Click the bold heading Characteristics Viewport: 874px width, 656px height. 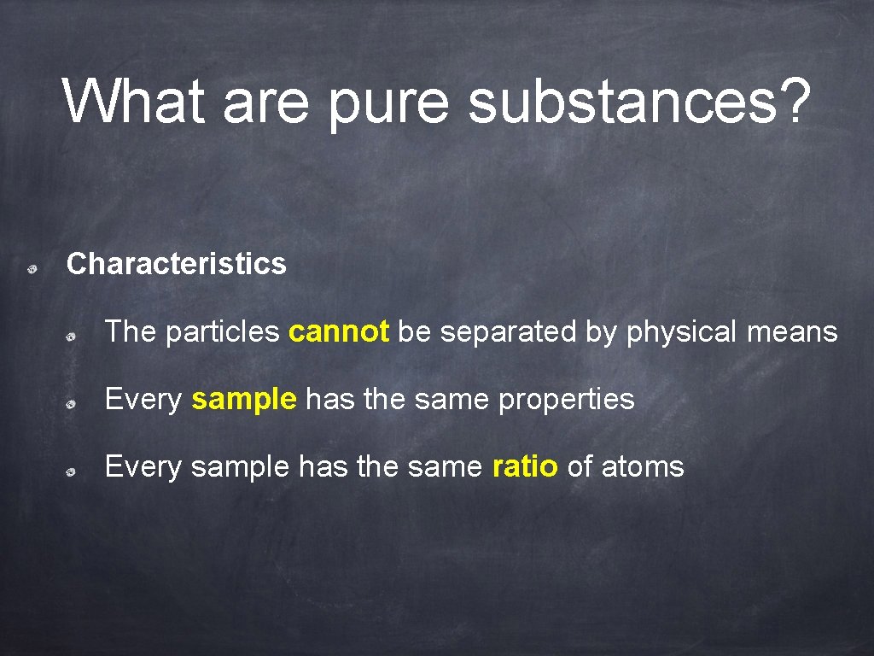click(x=177, y=264)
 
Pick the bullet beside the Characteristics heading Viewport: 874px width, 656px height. click(x=31, y=269)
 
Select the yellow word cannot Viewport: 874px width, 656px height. click(x=340, y=331)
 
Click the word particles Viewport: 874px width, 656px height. click(x=223, y=332)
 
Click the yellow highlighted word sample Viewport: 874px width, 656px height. click(x=244, y=400)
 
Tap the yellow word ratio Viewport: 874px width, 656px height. click(x=525, y=466)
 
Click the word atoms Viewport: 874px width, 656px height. click(x=643, y=467)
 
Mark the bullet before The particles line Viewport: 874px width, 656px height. click(x=74, y=337)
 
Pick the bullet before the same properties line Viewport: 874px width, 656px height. click(x=74, y=404)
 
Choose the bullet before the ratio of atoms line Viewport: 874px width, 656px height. click(x=74, y=471)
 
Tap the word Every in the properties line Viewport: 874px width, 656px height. click(x=143, y=400)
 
